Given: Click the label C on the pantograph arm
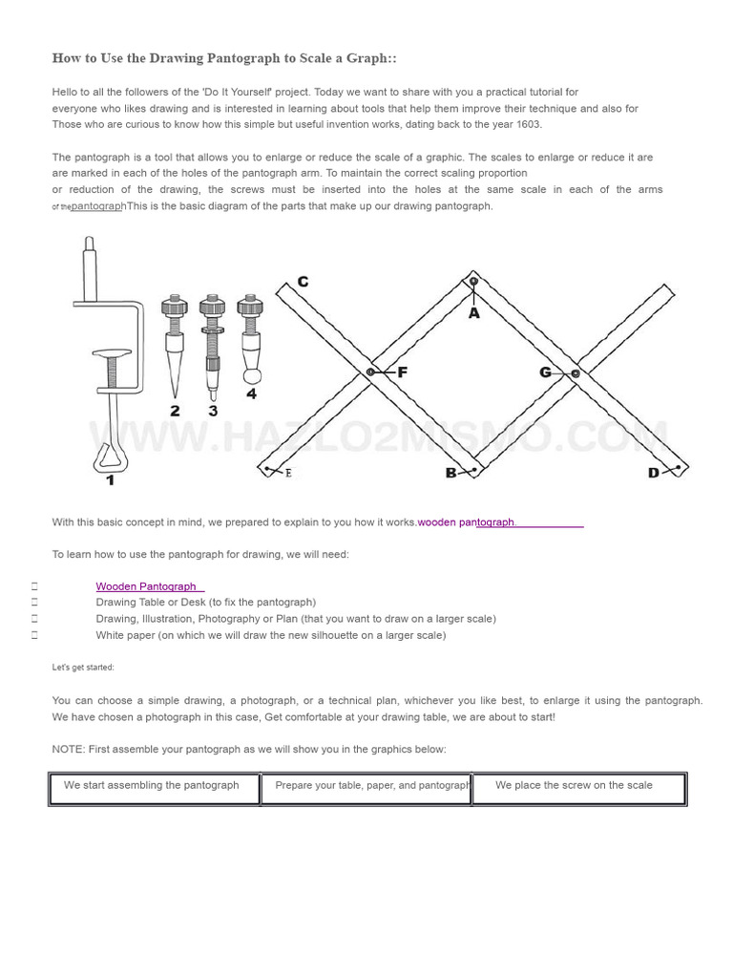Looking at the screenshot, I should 303,282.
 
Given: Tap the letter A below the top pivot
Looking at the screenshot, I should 473,312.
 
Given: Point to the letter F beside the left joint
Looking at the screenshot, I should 402,372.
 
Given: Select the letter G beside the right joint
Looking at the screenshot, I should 546,372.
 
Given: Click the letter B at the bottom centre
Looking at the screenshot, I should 450,473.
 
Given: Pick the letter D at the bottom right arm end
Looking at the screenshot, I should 654,473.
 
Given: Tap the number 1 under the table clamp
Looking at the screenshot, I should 110,479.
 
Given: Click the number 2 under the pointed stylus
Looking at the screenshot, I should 175,411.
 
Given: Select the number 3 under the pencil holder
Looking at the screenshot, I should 212,411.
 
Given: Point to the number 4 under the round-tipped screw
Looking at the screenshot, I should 251,393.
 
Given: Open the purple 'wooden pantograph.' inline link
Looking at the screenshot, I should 467,522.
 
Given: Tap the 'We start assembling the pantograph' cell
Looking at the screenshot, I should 152,785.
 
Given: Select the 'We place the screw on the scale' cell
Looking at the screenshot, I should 574,785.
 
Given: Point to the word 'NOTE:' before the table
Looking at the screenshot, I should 68,749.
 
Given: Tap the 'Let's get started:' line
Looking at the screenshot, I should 83,668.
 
